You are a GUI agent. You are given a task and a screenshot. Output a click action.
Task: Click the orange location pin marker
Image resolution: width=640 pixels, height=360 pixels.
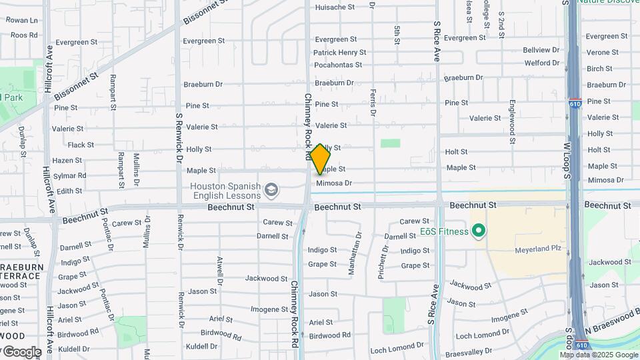pyautogui.click(x=320, y=159)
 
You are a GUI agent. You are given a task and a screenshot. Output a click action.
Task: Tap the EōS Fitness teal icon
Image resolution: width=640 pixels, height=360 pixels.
pyautogui.click(x=478, y=232)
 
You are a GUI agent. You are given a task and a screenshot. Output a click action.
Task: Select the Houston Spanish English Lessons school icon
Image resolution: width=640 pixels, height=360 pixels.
pyautogui.click(x=271, y=191)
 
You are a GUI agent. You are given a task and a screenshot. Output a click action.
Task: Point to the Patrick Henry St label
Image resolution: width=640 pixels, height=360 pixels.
pyautogui.click(x=339, y=52)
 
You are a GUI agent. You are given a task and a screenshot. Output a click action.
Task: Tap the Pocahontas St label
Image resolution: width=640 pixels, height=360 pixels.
pyautogui.click(x=337, y=65)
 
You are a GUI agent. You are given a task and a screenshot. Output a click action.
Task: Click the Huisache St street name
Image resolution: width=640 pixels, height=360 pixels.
pyautogui.click(x=335, y=7)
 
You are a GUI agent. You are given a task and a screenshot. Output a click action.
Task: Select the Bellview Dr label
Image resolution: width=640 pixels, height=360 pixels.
pyautogui.click(x=541, y=50)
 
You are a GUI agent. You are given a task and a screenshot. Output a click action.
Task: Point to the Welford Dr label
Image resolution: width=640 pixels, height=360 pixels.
pyautogui.click(x=541, y=63)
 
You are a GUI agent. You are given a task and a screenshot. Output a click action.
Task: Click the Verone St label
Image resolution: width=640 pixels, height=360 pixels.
pyautogui.click(x=602, y=52)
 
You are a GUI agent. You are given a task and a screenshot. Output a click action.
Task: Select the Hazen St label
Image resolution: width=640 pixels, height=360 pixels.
pyautogui.click(x=67, y=161)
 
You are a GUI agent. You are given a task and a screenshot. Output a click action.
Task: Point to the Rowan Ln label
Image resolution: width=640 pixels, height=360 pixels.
pyautogui.click(x=22, y=21)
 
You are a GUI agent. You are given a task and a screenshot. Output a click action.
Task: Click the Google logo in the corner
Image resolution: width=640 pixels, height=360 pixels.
pyautogui.click(x=21, y=351)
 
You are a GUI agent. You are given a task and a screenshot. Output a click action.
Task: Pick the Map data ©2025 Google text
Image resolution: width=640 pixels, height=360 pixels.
pyautogui.click(x=599, y=355)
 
